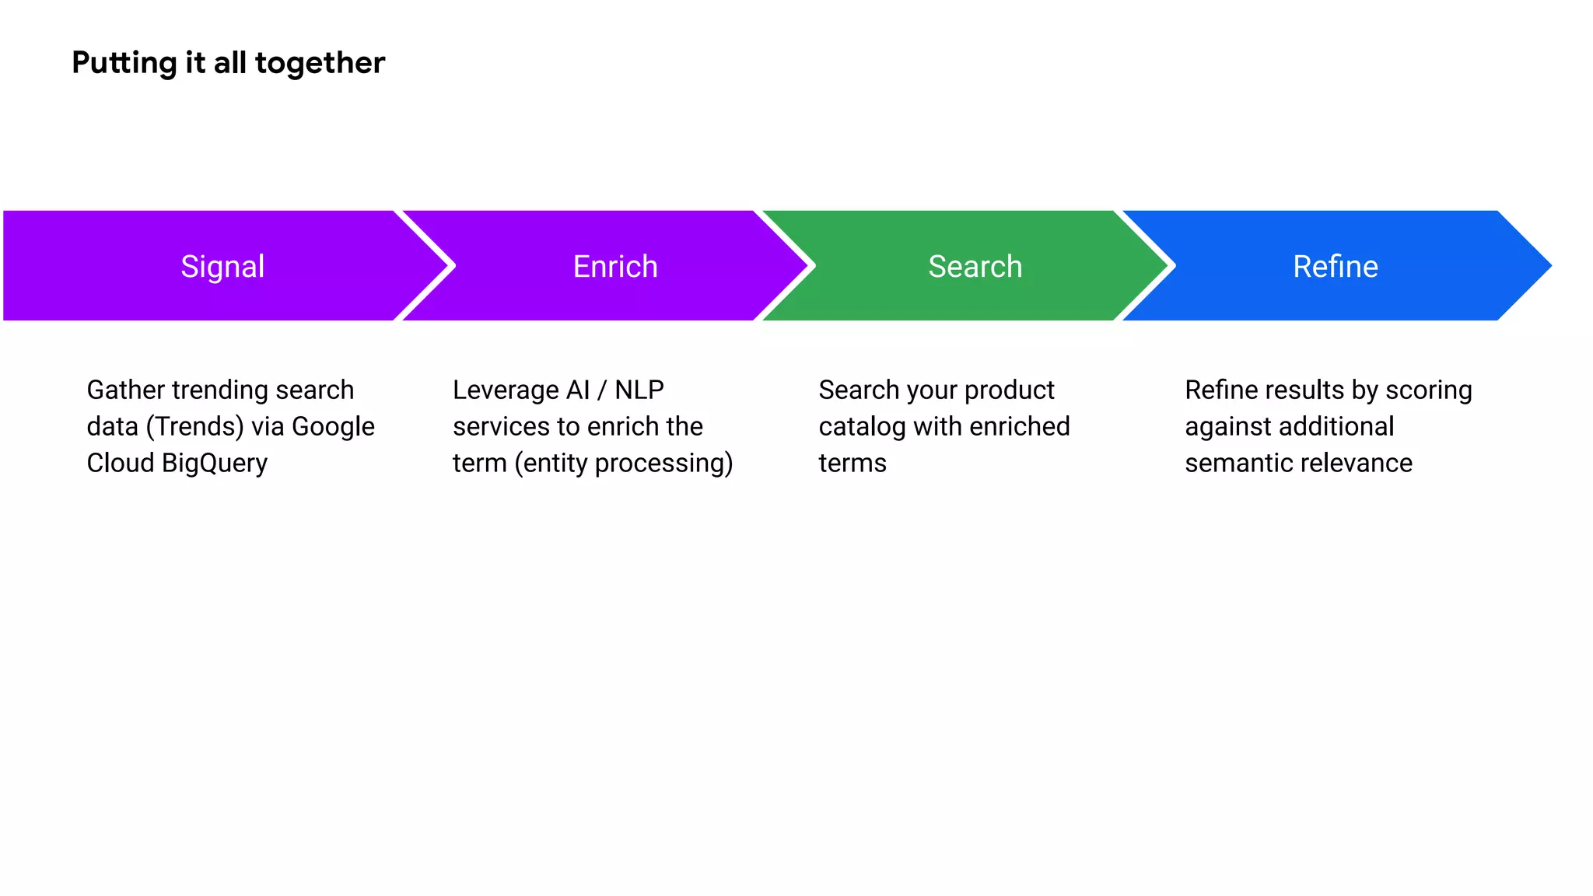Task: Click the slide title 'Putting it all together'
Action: pyautogui.click(x=228, y=63)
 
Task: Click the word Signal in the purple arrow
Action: pyautogui.click(x=222, y=267)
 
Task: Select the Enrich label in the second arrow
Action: pyautogui.click(x=614, y=267)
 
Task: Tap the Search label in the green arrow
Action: pyautogui.click(x=975, y=267)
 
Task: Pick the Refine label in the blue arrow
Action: pyautogui.click(x=1335, y=267)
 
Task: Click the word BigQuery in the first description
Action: pyautogui.click(x=214, y=464)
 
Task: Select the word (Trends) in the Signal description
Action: pyautogui.click(x=194, y=427)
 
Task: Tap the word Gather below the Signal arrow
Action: pyautogui.click(x=125, y=390)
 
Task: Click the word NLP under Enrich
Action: pyautogui.click(x=639, y=390)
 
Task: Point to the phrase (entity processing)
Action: pyautogui.click(x=623, y=464)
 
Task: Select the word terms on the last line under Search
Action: pyautogui.click(x=852, y=464)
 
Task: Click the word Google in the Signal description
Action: pyautogui.click(x=333, y=427)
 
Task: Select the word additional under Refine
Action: pyautogui.click(x=1336, y=427)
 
